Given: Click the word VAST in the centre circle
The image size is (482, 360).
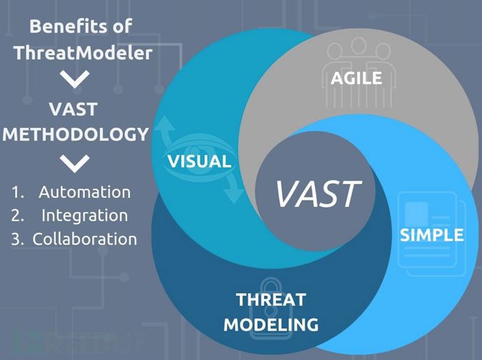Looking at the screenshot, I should click(318, 193).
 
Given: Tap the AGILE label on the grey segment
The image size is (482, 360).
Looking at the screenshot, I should click(357, 78).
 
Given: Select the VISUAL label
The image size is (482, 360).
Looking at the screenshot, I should click(199, 161).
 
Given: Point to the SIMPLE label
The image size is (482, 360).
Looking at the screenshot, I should click(431, 235).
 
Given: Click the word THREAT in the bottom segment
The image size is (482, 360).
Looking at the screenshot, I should click(271, 300).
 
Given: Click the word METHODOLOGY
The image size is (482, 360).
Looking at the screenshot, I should click(75, 134).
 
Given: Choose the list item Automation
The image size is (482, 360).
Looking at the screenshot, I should click(85, 192).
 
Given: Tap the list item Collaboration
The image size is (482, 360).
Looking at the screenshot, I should click(85, 239).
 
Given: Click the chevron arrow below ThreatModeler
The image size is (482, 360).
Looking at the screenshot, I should click(75, 80).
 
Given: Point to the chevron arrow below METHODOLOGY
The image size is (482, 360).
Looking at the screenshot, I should click(75, 163).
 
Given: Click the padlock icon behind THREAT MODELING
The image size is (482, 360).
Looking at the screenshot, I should click(275, 294).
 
